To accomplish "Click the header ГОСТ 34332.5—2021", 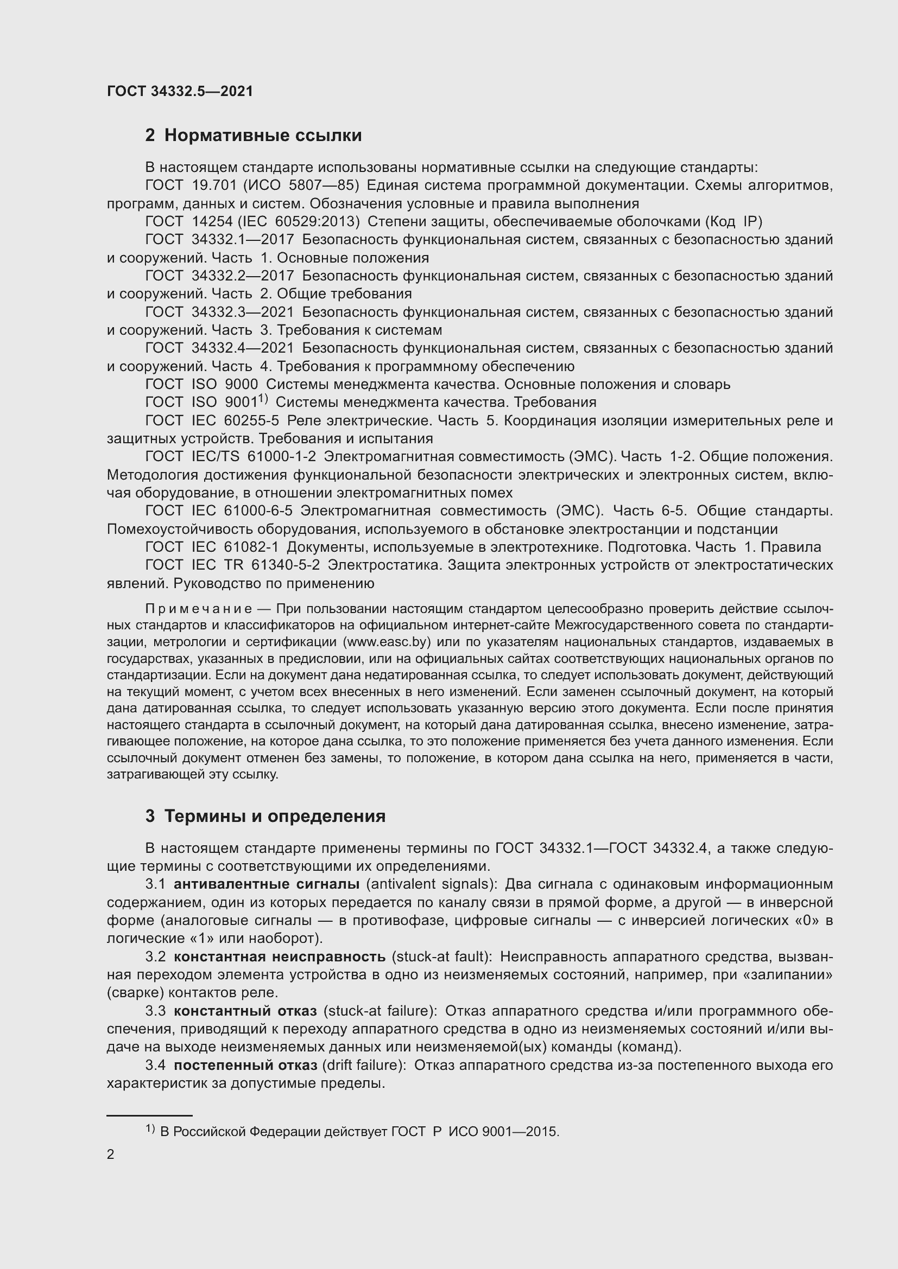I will click(x=180, y=91).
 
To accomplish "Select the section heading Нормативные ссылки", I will click(x=263, y=136).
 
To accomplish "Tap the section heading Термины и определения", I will click(x=275, y=817).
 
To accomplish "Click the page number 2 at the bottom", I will click(x=111, y=1154).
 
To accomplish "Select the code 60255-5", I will click(x=251, y=420).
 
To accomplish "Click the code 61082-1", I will click(x=251, y=547).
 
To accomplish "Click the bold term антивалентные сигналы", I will click(x=267, y=884).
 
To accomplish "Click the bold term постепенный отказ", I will click(x=245, y=1065).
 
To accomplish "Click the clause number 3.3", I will click(x=155, y=1011).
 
